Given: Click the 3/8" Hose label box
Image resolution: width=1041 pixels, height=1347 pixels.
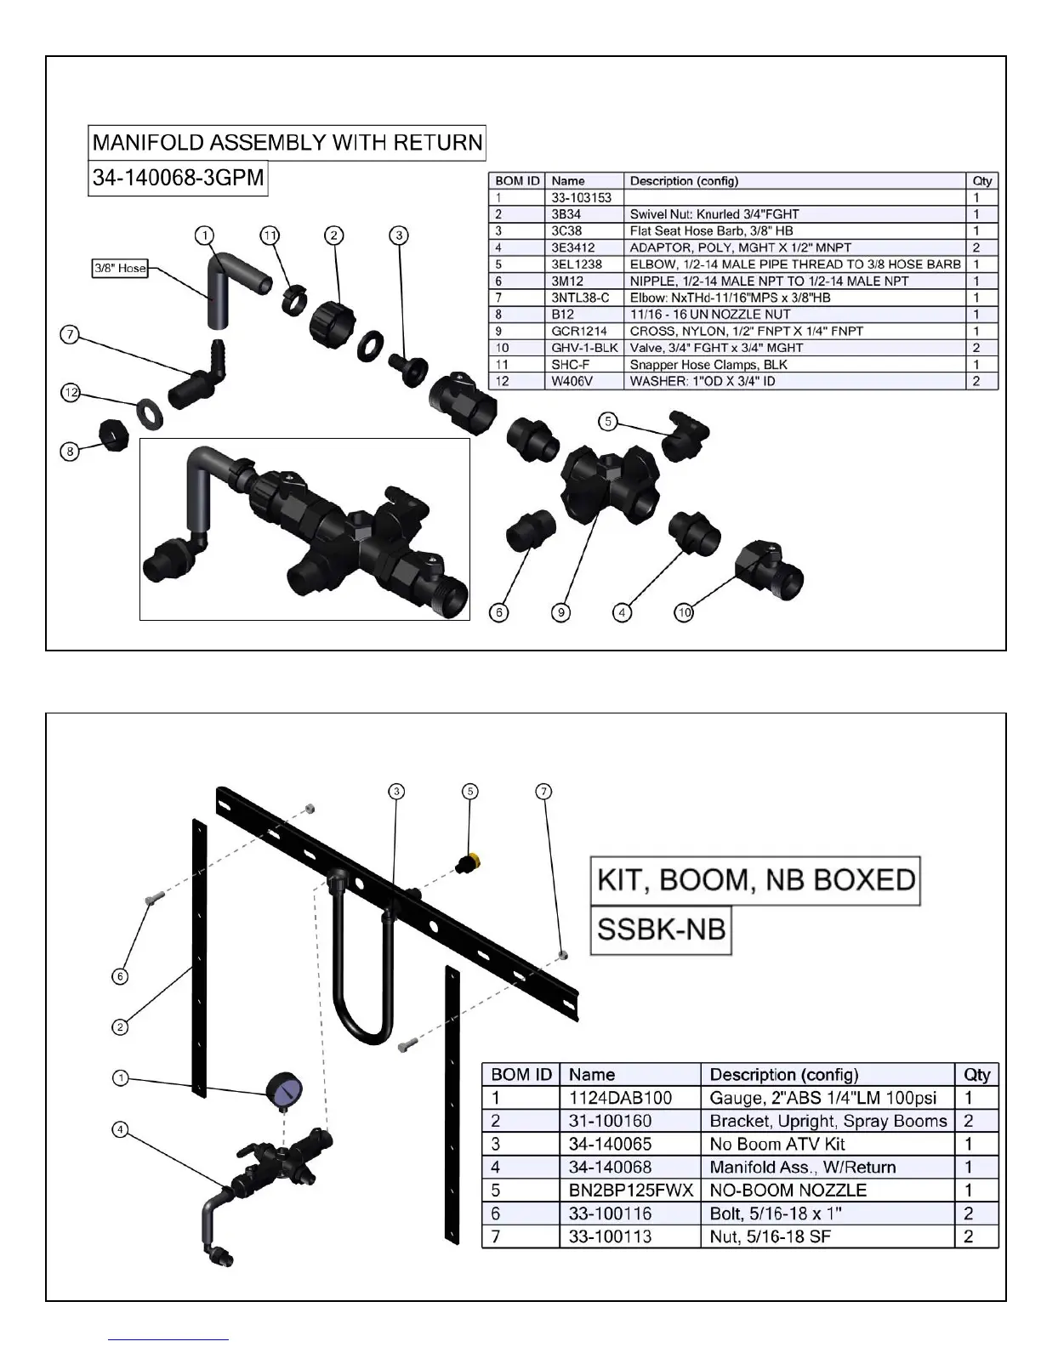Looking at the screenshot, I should (x=120, y=269).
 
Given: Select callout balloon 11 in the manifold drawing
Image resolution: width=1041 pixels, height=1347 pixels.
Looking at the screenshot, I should (x=270, y=235).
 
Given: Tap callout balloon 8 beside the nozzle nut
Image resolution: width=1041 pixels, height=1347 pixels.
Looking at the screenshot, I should (x=71, y=451).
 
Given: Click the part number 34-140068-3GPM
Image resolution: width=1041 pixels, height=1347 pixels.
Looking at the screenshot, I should (x=178, y=179).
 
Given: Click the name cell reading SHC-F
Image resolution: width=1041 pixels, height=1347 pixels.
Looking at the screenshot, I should (x=564, y=364).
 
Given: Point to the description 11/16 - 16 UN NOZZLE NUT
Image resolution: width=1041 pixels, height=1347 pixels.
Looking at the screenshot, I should (x=709, y=314).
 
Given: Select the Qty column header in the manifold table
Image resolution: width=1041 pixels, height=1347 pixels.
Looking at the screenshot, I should (x=982, y=180).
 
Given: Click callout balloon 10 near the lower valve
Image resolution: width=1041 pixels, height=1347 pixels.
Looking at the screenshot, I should (x=684, y=611).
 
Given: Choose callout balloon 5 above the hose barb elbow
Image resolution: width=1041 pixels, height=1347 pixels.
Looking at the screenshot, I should (x=606, y=420).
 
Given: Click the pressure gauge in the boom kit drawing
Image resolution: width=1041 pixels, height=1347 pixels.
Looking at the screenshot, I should (x=284, y=1089).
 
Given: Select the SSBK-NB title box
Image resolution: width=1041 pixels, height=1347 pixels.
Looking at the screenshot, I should (x=661, y=929).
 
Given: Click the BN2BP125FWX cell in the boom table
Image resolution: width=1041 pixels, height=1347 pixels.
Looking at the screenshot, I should (x=630, y=1191).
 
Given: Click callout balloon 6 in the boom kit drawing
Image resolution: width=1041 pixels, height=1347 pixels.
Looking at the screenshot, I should (x=121, y=976).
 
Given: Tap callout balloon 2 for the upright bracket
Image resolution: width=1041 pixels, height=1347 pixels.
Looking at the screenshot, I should (x=121, y=1027).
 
